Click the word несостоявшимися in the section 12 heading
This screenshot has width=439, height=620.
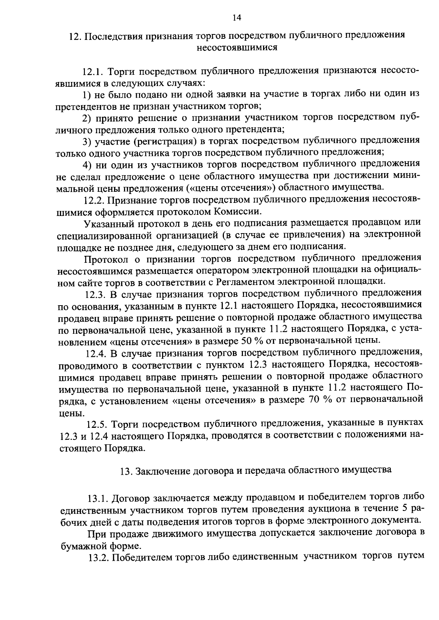coord(237,47)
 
